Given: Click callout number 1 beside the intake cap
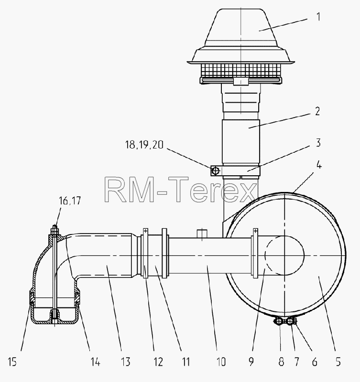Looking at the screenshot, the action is pyautogui.click(x=318, y=17).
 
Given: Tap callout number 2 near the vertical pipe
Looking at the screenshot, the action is pyautogui.click(x=317, y=111).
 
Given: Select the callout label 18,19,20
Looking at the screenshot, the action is pyautogui.click(x=144, y=145).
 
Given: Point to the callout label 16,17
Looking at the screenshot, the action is pyautogui.click(x=70, y=201).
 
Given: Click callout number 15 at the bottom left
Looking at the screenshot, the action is pyautogui.click(x=12, y=362).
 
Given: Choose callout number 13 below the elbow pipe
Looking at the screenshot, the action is pyautogui.click(x=126, y=362).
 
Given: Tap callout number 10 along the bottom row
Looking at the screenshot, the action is pyautogui.click(x=221, y=362).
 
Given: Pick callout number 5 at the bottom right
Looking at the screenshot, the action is pyautogui.click(x=338, y=362).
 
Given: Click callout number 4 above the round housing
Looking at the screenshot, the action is pyautogui.click(x=319, y=165).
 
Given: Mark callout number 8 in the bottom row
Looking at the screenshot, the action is pyautogui.click(x=281, y=362).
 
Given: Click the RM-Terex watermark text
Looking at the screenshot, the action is pyautogui.click(x=181, y=190).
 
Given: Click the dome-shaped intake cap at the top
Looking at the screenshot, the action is pyautogui.click(x=241, y=37).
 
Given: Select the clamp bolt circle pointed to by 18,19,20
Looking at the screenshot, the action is pyautogui.click(x=215, y=171).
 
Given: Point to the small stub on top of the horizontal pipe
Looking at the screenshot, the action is pyautogui.click(x=202, y=233).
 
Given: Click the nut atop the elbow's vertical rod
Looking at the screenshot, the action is pyautogui.click(x=55, y=230).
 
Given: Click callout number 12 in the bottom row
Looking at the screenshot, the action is pyautogui.click(x=158, y=362).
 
